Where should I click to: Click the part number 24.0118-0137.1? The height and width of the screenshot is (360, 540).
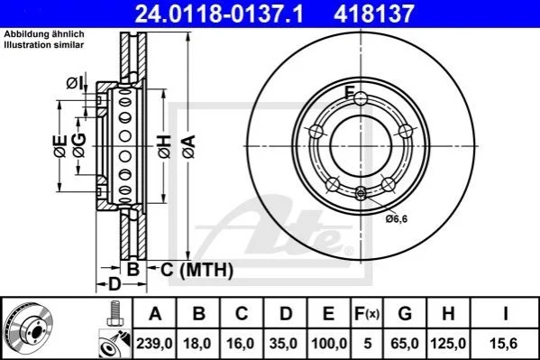click(219, 14)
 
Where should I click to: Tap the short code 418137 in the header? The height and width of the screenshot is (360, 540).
click(373, 14)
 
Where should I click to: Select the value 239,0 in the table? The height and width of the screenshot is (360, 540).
click(154, 344)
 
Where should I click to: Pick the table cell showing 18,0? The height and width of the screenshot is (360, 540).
click(197, 344)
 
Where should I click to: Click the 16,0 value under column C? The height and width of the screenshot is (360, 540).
click(241, 344)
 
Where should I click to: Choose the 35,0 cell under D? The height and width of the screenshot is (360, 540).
click(283, 344)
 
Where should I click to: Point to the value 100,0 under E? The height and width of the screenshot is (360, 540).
click(329, 344)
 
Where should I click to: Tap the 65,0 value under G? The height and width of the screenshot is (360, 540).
click(405, 344)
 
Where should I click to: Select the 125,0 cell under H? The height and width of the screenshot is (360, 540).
click(448, 344)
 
